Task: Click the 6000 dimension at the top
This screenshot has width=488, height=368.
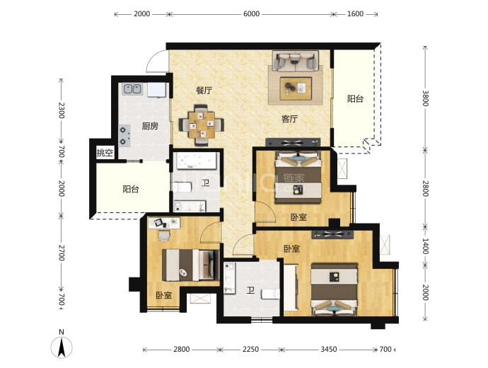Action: tap(252, 14)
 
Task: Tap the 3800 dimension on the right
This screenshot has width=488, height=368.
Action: tap(426, 98)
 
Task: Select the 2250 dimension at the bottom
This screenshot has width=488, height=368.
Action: tap(250, 350)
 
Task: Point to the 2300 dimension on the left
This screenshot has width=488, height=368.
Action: tap(62, 110)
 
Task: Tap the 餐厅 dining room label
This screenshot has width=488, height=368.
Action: tap(204, 91)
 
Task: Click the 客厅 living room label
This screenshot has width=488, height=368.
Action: tap(289, 119)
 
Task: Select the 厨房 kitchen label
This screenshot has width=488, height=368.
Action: tap(150, 126)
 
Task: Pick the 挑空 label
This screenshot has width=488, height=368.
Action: tap(105, 153)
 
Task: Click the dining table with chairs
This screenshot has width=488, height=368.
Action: tap(202, 125)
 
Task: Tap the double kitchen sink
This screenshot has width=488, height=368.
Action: tap(132, 89)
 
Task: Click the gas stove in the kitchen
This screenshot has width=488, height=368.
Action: tap(124, 136)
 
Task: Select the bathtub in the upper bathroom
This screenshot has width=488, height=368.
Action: tap(197, 161)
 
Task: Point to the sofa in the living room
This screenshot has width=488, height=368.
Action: tap(296, 61)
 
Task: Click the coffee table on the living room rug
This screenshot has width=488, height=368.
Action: tap(296, 88)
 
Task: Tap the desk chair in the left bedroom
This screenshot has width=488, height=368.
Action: tap(164, 235)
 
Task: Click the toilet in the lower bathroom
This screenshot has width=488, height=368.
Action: tap(270, 294)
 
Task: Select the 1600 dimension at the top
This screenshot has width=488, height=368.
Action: tap(356, 14)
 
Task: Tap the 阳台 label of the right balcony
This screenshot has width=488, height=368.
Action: tap(356, 98)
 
